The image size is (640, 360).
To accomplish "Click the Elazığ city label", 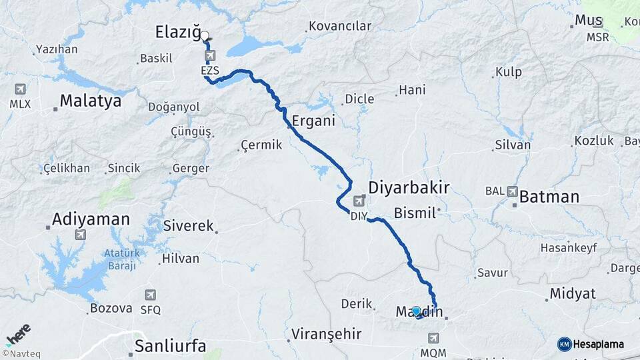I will tap(178, 31).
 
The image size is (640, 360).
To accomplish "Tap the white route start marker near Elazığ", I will tap(205, 36).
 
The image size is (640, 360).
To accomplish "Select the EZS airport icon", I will tap(211, 55).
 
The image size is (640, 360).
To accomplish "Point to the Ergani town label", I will tap(313, 122).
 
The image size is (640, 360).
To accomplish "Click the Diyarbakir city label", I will tap(409, 187).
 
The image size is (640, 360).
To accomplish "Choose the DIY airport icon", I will tap(359, 200).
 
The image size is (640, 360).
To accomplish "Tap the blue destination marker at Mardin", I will tap(417, 311).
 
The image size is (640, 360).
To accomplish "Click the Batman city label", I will tap(549, 197).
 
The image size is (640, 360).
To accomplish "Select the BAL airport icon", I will tap(513, 191).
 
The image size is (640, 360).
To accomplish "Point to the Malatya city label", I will tap(91, 101).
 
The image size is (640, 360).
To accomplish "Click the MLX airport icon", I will tap(20, 89).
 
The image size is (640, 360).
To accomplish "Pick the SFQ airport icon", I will tap(151, 295).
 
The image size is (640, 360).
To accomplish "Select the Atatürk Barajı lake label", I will tap(120, 259).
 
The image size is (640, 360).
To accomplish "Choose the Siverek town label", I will tap(189, 226).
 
